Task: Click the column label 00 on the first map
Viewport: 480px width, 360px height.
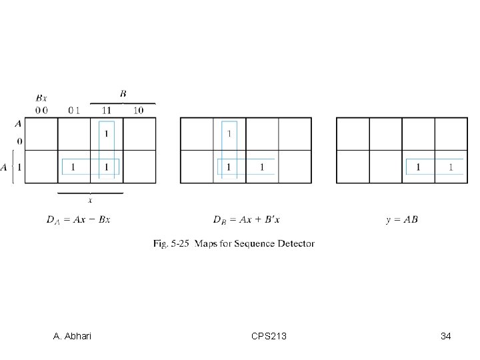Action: pos(41,110)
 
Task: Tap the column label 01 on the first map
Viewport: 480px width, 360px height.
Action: pos(73,110)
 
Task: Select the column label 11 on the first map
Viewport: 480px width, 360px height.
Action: pos(106,110)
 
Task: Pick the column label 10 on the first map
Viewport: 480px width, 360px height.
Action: pos(138,110)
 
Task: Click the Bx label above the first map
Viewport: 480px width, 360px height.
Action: pos(41,98)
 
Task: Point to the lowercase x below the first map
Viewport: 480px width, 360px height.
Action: pos(91,199)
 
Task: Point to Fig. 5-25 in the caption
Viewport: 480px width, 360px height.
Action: pos(171,244)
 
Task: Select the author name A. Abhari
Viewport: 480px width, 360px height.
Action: pos(73,336)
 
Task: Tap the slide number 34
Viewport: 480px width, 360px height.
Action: pos(445,336)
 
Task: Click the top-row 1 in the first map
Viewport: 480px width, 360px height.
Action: pos(106,134)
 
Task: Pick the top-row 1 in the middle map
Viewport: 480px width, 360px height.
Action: pos(230,134)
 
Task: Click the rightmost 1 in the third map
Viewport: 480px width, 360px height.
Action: pos(451,167)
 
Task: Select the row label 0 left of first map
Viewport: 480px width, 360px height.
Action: pos(19,141)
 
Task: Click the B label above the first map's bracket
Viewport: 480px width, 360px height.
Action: pos(123,94)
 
